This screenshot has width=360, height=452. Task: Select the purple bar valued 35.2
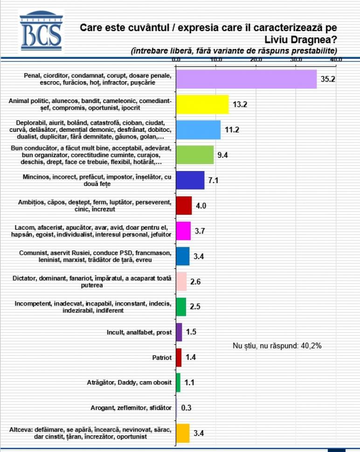click(x=246, y=79)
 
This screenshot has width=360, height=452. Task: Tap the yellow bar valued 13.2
click(x=202, y=104)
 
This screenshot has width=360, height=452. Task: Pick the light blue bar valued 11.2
click(x=198, y=129)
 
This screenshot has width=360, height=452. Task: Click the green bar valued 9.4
click(x=195, y=155)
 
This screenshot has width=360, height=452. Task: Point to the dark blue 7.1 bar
click(x=190, y=180)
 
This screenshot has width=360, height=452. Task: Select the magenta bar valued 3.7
click(x=184, y=231)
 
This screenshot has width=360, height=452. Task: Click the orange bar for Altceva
click(x=183, y=433)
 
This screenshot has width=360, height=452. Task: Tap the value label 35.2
click(x=328, y=79)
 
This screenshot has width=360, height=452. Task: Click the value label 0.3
click(x=186, y=408)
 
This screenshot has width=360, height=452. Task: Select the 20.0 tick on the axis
click(x=256, y=60)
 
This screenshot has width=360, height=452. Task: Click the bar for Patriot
click(x=179, y=357)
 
